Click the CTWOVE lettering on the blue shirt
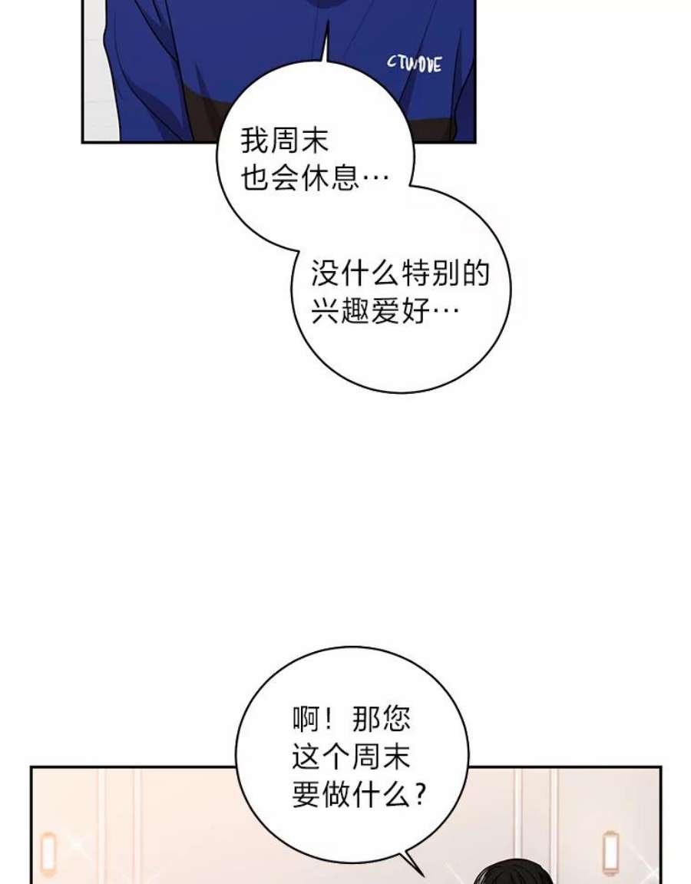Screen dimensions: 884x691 415,64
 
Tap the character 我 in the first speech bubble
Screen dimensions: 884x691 255,141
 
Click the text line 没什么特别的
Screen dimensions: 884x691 400,273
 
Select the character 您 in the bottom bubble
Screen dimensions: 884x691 395,720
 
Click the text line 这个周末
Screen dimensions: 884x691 351,757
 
